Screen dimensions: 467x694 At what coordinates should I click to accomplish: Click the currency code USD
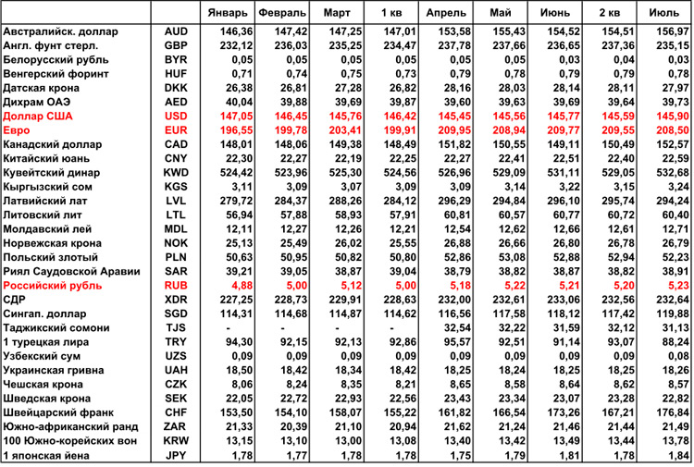(x=176, y=116)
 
